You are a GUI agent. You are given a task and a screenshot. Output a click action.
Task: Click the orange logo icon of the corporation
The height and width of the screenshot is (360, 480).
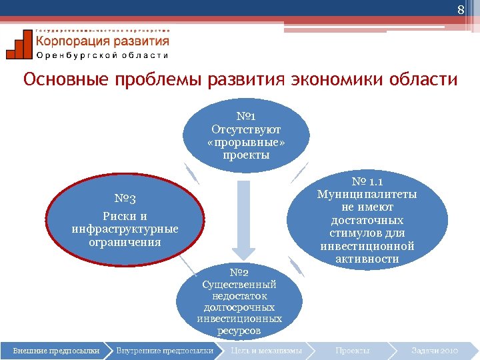19,45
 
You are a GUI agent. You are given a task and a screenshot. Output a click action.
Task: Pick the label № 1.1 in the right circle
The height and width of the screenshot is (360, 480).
367,181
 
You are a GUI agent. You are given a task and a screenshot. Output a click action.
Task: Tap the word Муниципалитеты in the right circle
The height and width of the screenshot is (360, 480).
367,195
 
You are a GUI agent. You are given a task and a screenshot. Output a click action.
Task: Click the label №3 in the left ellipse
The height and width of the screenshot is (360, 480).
125,199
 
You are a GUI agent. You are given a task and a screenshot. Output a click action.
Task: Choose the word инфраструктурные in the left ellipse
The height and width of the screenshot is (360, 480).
125,229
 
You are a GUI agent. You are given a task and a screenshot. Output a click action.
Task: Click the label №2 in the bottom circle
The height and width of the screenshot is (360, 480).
239,272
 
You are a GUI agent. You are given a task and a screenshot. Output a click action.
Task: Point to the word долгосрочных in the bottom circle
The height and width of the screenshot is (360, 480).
239,307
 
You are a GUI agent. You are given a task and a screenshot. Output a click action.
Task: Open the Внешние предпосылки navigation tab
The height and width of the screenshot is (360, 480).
56,350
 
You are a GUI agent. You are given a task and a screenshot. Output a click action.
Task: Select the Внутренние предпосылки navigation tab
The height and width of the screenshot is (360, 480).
165,350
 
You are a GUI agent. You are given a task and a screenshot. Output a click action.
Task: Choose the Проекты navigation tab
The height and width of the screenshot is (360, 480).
353,350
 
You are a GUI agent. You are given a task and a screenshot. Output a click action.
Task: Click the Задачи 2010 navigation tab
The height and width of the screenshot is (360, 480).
435,350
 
